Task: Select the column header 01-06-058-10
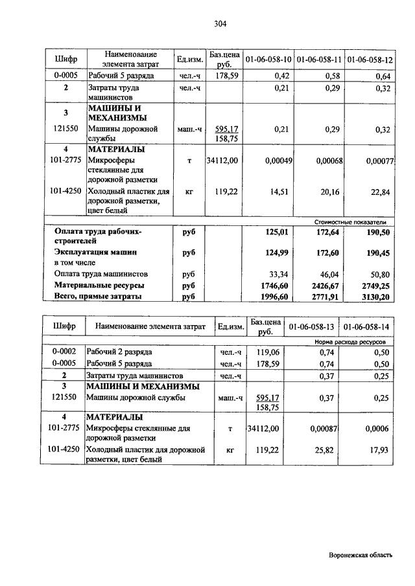tap(267, 60)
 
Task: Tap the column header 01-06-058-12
tap(370, 60)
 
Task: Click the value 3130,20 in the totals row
tap(377, 296)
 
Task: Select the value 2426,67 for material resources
tap(326, 285)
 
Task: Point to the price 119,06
tap(267, 352)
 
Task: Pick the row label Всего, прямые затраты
tap(98, 296)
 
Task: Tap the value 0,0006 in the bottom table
tap(378, 429)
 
